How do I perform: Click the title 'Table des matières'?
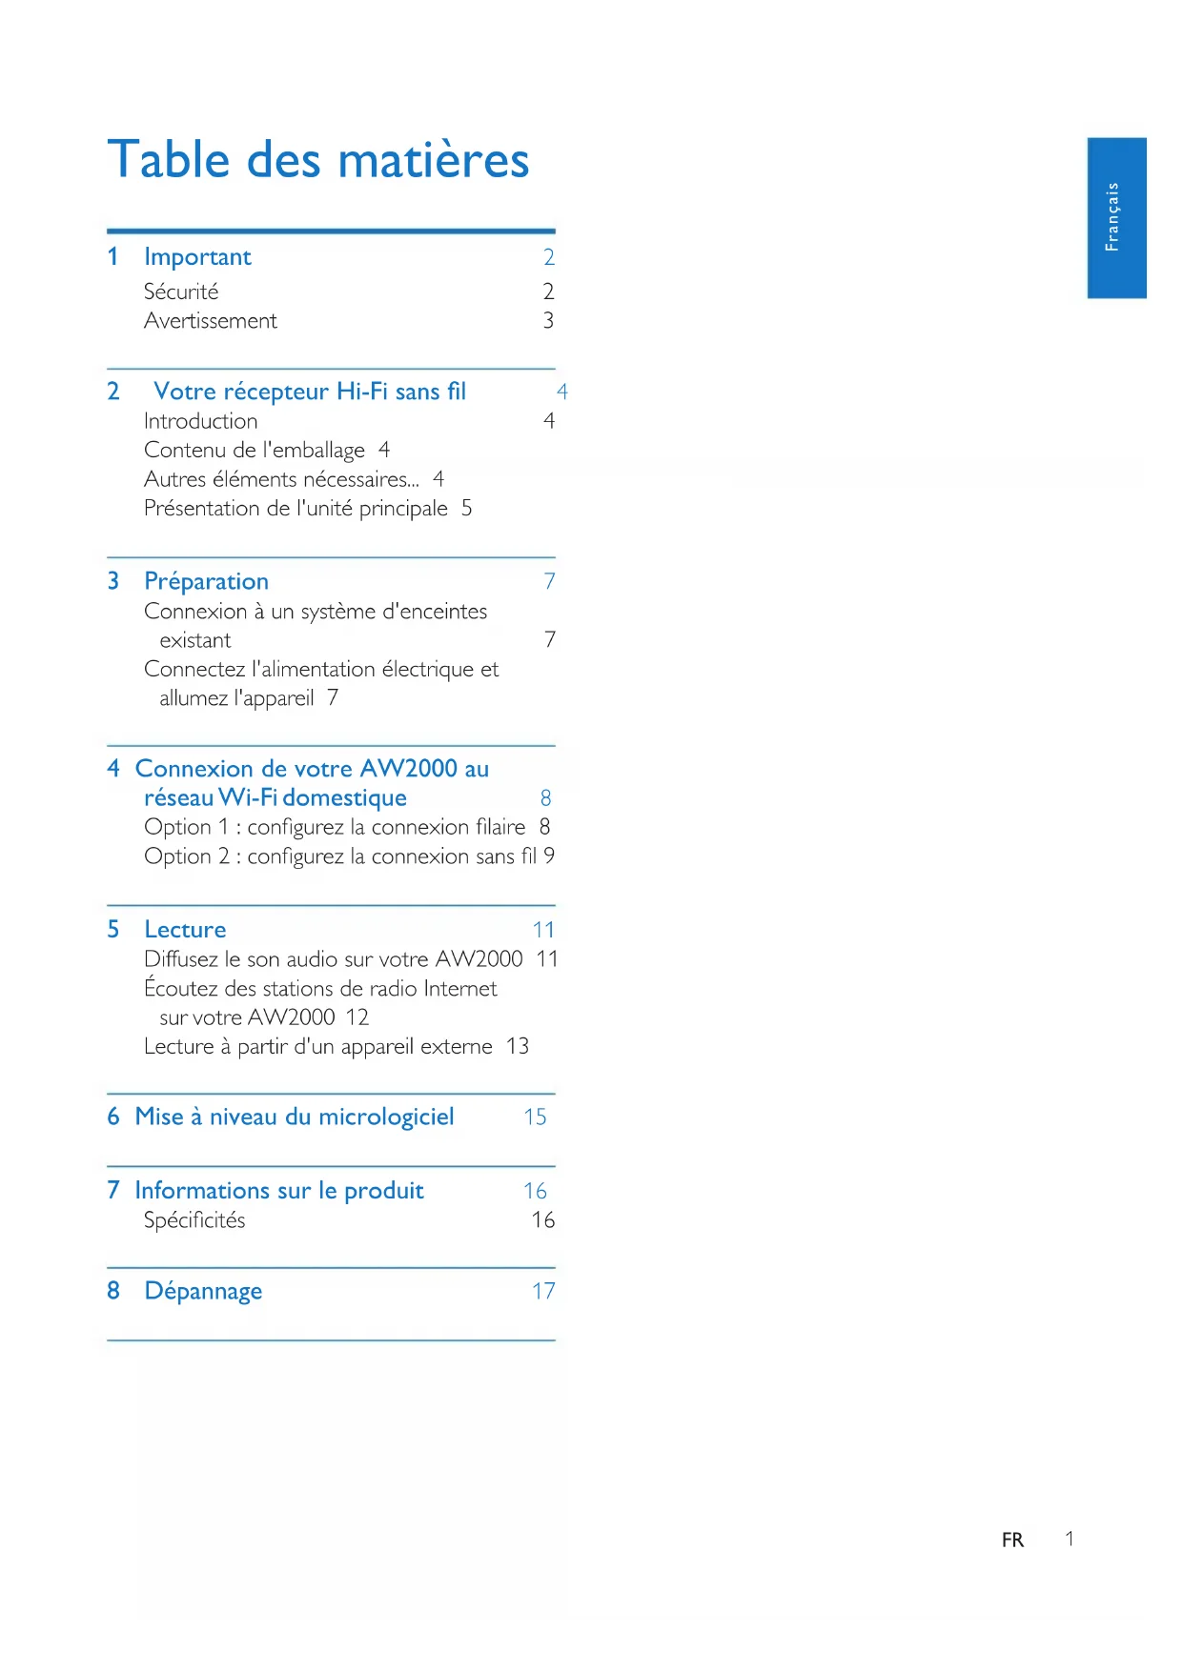[x=317, y=159]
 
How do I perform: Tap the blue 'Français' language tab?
[x=1115, y=217]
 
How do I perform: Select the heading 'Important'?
[x=197, y=257]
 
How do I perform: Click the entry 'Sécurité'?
[x=181, y=292]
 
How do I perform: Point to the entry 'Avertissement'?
[x=210, y=321]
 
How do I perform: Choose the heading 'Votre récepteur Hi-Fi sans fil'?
[x=309, y=392]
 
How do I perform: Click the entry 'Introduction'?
[x=200, y=421]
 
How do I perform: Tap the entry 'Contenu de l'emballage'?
[x=254, y=450]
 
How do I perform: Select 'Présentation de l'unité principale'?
[x=296, y=509]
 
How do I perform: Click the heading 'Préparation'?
[x=206, y=581]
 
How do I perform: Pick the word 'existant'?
[x=194, y=640]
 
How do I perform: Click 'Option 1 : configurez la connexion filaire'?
[x=335, y=827]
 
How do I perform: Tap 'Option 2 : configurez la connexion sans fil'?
[x=339, y=856]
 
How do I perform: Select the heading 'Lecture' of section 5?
[x=185, y=930]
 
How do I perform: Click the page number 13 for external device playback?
[x=518, y=1046]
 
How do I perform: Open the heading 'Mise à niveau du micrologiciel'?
[x=295, y=1117]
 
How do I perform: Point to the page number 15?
[x=535, y=1117]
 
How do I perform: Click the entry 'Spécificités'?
[x=194, y=1220]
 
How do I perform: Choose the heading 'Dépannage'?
[x=203, y=1291]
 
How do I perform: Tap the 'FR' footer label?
[x=1012, y=1540]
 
